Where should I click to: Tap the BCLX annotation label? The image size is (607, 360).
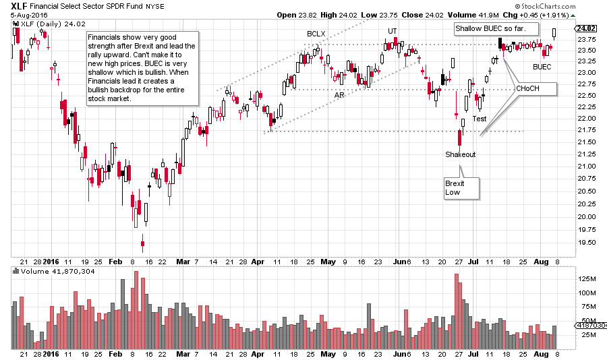pyautogui.click(x=316, y=33)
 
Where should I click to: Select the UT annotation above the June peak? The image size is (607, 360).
pyautogui.click(x=392, y=31)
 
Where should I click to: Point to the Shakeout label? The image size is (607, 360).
pyautogui.click(x=460, y=154)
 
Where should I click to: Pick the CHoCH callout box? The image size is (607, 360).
pyautogui.click(x=536, y=88)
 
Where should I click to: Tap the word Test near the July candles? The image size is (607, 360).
pyautogui.click(x=479, y=119)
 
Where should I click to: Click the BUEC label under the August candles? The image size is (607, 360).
pyautogui.click(x=542, y=67)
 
